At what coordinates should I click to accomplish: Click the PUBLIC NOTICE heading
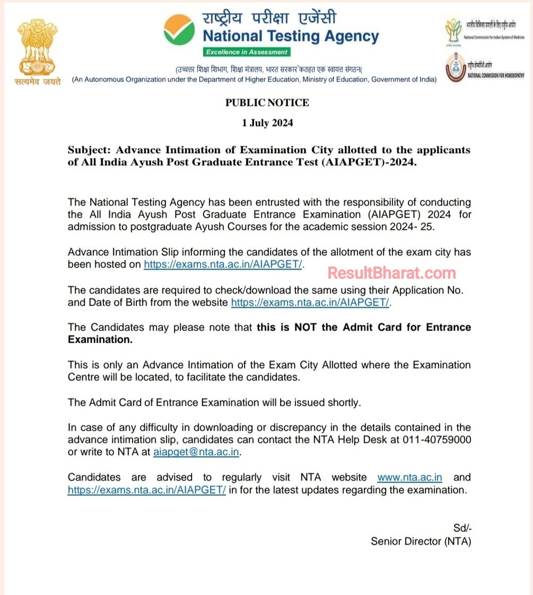click(267, 103)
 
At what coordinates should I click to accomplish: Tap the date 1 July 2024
click(267, 123)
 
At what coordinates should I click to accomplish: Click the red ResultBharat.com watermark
click(391, 273)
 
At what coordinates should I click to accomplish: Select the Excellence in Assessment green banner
click(247, 52)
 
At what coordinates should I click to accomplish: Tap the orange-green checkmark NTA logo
click(179, 30)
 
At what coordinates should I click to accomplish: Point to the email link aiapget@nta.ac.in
click(196, 452)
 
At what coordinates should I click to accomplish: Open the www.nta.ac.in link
click(409, 477)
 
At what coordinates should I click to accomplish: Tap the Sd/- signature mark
click(462, 528)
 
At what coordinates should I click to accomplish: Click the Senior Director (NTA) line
click(421, 541)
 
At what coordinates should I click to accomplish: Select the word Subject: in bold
click(89, 150)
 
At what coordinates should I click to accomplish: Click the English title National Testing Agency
click(291, 37)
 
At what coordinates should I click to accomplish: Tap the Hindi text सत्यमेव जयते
click(37, 81)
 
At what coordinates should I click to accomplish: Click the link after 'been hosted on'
click(223, 264)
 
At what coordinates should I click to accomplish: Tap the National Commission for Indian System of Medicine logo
click(454, 30)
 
